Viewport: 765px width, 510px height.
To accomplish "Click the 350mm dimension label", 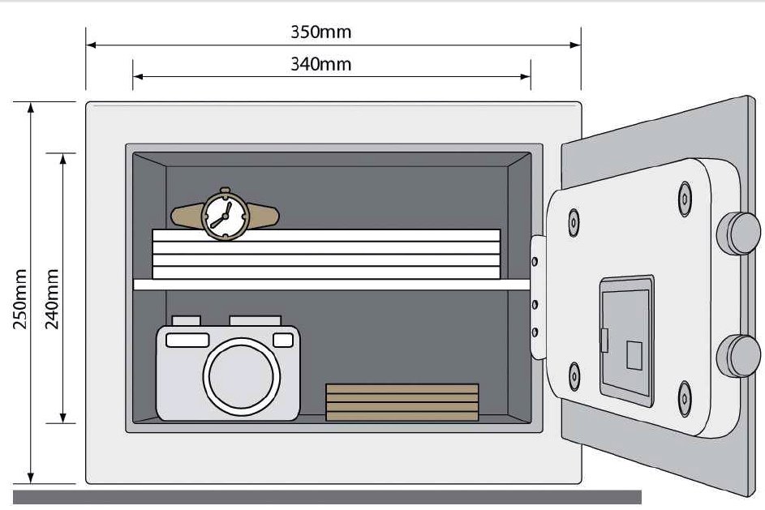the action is [320, 32].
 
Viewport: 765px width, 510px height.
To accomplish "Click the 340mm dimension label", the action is [320, 64].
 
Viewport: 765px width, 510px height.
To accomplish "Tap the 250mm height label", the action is [20, 299].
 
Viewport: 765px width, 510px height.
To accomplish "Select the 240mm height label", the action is [52, 299].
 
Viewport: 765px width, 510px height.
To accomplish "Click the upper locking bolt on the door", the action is [739, 233].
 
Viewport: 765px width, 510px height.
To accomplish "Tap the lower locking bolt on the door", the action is [739, 356].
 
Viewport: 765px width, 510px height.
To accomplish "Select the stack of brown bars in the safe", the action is [402, 402].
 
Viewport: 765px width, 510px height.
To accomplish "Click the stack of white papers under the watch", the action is [326, 254].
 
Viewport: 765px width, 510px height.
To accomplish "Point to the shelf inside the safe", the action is [332, 285].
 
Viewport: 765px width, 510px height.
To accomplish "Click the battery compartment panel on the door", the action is [627, 341].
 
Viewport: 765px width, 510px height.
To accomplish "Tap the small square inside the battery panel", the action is [634, 355].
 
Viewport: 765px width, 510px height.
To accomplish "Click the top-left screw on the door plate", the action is [574, 223].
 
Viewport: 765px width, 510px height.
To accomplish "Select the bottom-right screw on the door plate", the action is [685, 398].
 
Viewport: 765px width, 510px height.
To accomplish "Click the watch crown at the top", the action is [225, 190].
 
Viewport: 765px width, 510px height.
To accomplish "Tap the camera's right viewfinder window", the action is [283, 340].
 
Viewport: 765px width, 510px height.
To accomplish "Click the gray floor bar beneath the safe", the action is [327, 497].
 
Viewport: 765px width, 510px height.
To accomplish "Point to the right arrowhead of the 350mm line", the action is [576, 45].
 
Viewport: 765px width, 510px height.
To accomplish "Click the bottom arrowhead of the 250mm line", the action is [31, 478].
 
